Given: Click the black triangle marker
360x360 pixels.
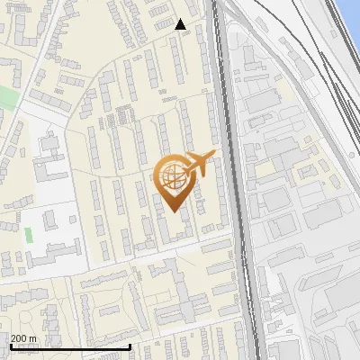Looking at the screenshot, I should pyautogui.click(x=181, y=24).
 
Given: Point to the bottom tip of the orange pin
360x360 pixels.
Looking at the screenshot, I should pyautogui.click(x=174, y=211).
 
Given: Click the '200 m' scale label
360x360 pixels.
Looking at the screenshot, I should pyautogui.click(x=23, y=338).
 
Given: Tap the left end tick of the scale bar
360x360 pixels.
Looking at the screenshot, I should pyautogui.click(x=10, y=346).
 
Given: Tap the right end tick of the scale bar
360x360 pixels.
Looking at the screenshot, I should pyautogui.click(x=130, y=346).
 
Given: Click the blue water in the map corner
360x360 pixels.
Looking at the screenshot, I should pyautogui.click(x=352, y=11).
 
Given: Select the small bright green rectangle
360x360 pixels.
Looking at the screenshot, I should pyautogui.click(x=28, y=235).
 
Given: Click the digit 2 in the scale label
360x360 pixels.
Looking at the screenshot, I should pyautogui.click(x=13, y=338).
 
